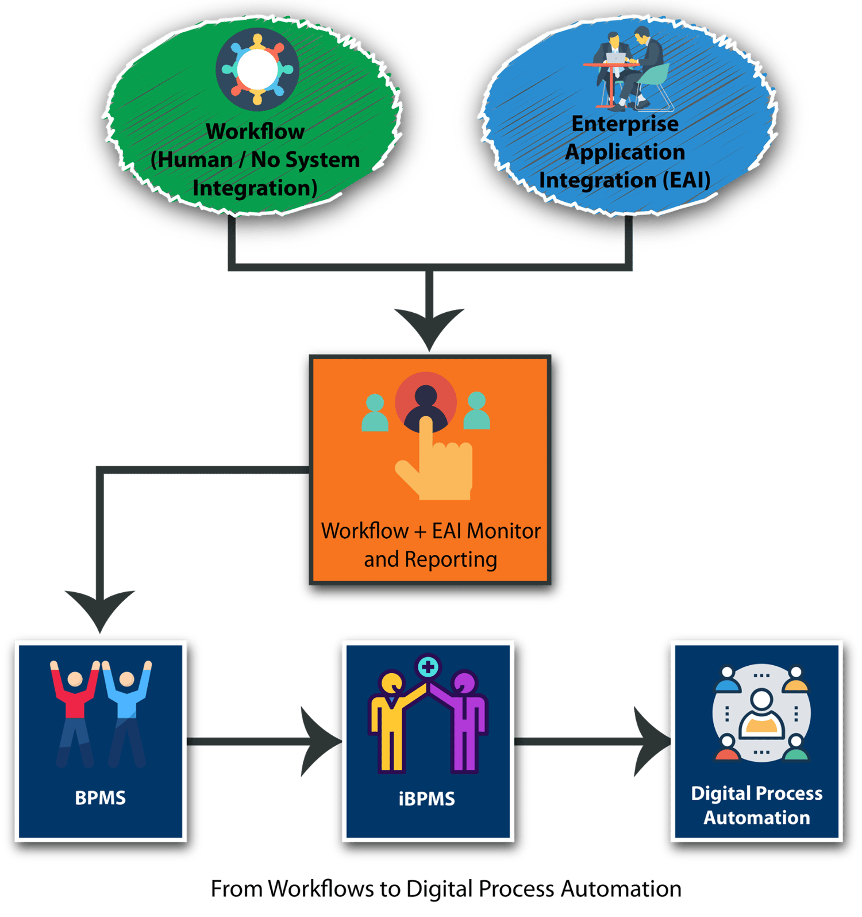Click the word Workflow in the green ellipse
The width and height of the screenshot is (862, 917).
click(x=255, y=132)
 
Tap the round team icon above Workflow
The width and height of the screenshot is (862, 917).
click(x=257, y=69)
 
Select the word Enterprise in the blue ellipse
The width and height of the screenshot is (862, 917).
click(x=625, y=124)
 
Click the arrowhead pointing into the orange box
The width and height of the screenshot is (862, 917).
click(x=429, y=328)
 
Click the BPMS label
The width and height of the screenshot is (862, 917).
click(x=100, y=798)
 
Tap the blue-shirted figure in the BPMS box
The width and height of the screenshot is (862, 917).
click(x=126, y=713)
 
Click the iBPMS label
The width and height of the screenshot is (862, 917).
click(x=426, y=799)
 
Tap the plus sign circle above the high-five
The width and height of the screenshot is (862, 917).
click(x=428, y=667)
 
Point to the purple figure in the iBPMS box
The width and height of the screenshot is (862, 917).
click(x=464, y=724)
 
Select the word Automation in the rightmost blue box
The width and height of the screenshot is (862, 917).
click(x=757, y=818)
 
